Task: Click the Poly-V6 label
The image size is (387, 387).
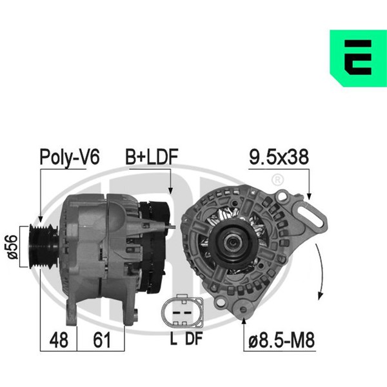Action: point(70,157)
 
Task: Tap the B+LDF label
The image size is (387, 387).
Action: point(152,157)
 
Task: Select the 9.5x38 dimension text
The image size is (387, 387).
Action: point(279,157)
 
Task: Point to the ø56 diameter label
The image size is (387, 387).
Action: point(13,247)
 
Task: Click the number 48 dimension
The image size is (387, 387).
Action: point(59,340)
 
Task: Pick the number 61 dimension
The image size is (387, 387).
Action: point(102,340)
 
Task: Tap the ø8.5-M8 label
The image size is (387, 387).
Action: point(282,340)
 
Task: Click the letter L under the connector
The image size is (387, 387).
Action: point(174,338)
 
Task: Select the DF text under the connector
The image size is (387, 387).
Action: point(193,338)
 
